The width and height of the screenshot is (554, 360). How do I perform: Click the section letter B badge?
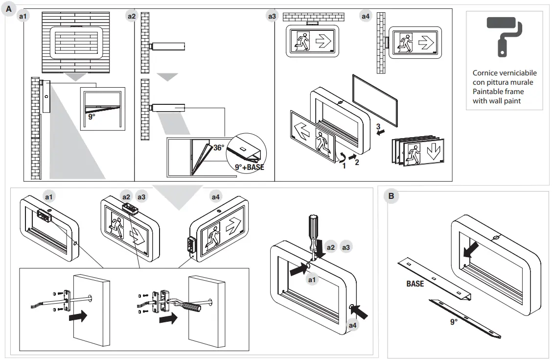point(391,196)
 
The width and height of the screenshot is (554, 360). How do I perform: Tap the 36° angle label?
point(219,146)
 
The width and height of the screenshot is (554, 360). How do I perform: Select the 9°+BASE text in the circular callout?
point(249,167)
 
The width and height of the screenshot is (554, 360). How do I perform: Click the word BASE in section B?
point(415,284)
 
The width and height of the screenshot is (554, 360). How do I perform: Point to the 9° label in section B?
point(454,322)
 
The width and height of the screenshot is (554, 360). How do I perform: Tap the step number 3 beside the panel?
point(378,126)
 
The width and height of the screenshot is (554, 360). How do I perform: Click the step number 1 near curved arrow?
point(344,166)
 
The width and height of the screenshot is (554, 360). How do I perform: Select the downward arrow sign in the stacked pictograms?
point(433,152)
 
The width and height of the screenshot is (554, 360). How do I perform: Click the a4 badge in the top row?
point(365,16)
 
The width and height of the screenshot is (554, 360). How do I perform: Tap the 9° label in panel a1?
point(92,117)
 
